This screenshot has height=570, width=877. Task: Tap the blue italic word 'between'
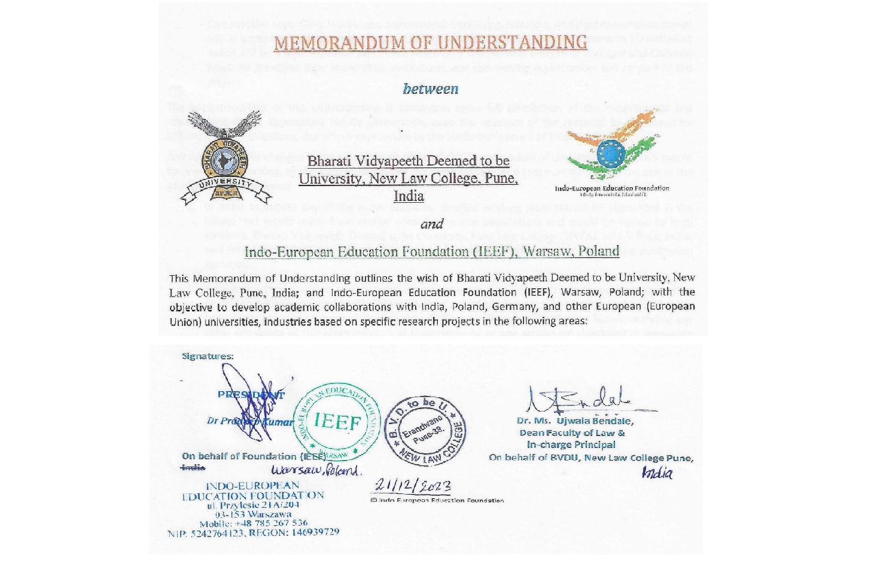pyautogui.click(x=431, y=89)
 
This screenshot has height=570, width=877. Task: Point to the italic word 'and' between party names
pyautogui.click(x=431, y=224)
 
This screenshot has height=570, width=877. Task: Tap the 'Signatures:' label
pyautogui.click(x=208, y=356)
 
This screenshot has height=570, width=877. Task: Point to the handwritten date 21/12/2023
pyautogui.click(x=413, y=485)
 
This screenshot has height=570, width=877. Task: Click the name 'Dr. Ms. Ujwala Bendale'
pyautogui.click(x=575, y=420)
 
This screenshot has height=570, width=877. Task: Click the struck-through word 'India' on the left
pyautogui.click(x=193, y=467)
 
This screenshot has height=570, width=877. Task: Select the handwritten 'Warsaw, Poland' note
pyautogui.click(x=316, y=470)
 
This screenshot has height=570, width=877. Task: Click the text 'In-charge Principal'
pyautogui.click(x=571, y=444)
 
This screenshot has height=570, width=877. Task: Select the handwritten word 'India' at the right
pyautogui.click(x=657, y=473)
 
